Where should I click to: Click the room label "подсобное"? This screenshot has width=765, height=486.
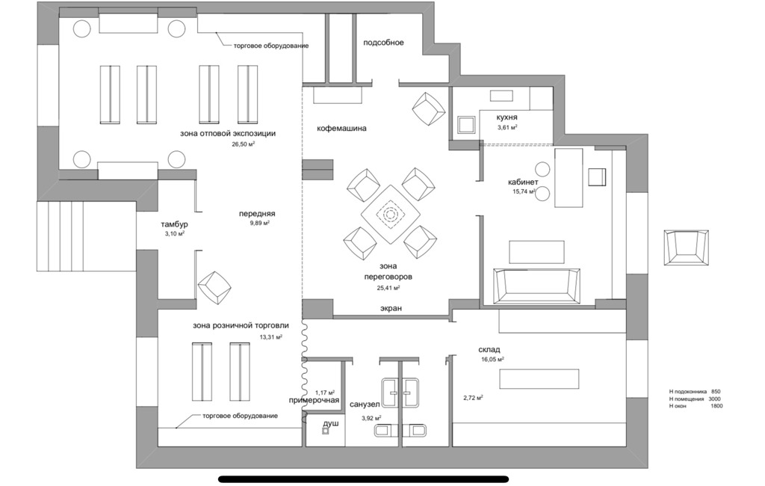point(383,43)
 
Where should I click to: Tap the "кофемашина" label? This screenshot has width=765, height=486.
point(341,129)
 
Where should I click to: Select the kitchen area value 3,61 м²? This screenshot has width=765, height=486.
point(507,127)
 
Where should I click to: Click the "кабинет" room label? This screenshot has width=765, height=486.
point(523,182)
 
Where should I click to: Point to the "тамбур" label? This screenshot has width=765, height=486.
point(174,225)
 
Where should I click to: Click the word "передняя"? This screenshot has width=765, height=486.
point(257,213)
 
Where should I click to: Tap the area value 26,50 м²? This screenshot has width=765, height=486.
point(244,144)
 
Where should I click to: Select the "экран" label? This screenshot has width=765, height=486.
point(391,308)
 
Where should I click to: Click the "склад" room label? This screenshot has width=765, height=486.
point(489,350)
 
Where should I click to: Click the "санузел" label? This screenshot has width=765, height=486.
point(365,405)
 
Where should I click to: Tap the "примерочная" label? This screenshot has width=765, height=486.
point(314,401)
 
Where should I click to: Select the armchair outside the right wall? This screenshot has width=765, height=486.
point(687,247)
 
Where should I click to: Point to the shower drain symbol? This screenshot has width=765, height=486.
point(326,431)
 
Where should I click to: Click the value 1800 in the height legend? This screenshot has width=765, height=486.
point(716,406)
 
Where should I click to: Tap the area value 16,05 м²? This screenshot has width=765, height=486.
point(492,359)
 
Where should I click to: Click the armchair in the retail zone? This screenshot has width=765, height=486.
point(214,287)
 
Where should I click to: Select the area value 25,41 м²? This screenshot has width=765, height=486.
point(388,288)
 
